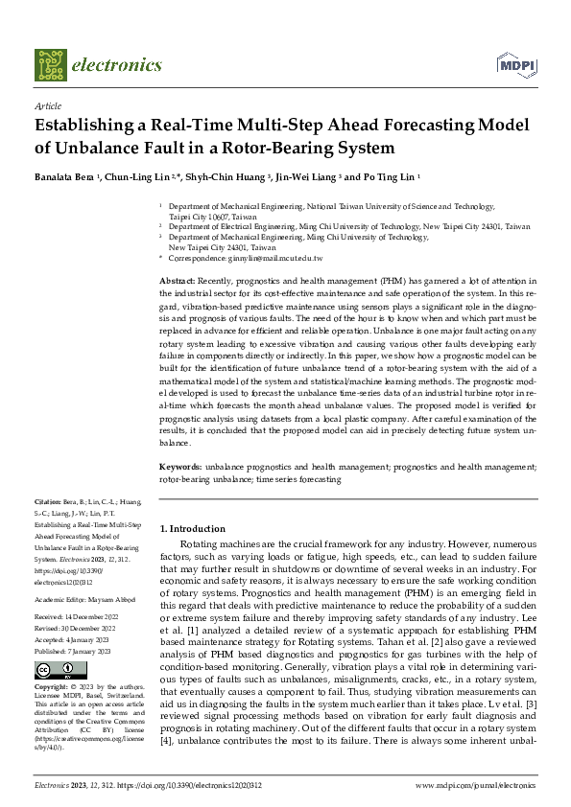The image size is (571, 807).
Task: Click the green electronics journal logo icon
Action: [x=51, y=65]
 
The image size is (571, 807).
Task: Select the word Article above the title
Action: [x=47, y=107]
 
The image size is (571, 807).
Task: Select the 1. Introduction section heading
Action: [x=192, y=528]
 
